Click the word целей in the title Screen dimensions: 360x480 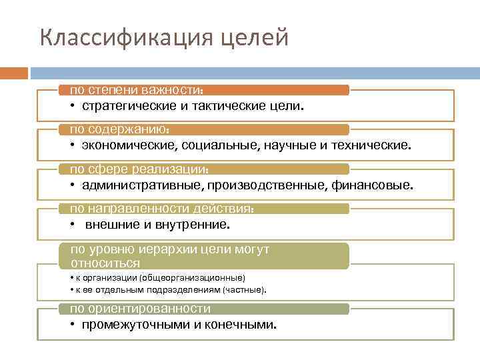tap(256, 38)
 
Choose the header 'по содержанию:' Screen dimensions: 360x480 tap(120, 129)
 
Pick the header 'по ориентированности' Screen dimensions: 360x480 tap(141, 309)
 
